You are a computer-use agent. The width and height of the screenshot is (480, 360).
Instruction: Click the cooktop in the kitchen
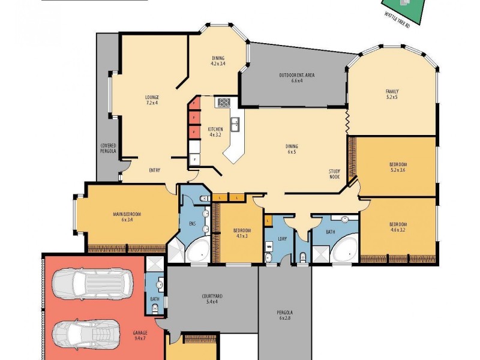click(x=224, y=103)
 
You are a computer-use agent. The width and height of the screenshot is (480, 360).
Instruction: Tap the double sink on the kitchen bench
click(x=236, y=124)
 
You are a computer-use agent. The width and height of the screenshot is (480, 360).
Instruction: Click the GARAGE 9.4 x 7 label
click(x=142, y=335)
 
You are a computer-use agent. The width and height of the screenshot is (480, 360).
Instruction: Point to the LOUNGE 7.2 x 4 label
click(x=151, y=100)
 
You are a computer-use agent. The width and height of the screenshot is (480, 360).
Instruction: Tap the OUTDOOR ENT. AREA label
click(x=297, y=78)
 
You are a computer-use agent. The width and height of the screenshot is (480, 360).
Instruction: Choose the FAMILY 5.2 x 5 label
click(x=391, y=94)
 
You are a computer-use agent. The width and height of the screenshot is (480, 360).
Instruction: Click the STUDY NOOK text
click(x=335, y=174)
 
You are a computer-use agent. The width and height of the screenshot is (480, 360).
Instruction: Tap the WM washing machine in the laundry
click(x=269, y=247)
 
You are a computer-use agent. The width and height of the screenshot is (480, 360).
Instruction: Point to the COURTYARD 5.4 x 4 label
click(x=212, y=299)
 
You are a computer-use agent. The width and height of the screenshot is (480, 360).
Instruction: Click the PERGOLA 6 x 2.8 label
click(x=285, y=316)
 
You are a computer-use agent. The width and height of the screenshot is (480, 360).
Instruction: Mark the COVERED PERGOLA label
click(x=108, y=149)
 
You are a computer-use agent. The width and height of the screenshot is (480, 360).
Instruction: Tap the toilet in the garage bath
click(x=155, y=308)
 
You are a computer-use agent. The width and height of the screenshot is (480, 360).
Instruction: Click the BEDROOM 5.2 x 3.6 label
click(x=397, y=167)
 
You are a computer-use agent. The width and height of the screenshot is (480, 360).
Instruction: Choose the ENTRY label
click(x=154, y=170)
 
